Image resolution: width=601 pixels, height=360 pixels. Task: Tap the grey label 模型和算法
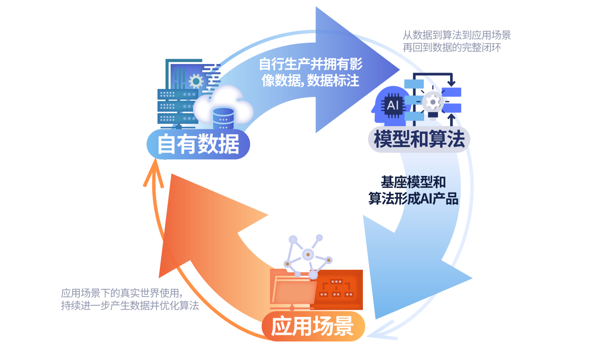click(x=419, y=139)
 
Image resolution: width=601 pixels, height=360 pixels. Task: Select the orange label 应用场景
click(x=313, y=326)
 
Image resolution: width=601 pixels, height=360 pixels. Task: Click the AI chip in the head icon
click(x=393, y=105)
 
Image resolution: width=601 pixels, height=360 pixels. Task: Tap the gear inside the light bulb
click(x=432, y=102)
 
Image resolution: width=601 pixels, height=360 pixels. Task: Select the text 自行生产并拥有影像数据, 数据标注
click(x=310, y=72)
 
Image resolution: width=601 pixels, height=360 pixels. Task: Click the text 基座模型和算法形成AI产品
click(x=413, y=190)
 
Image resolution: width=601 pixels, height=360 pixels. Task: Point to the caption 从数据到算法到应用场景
click(x=456, y=35)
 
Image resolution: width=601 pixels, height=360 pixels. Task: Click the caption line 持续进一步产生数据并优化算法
click(x=129, y=305)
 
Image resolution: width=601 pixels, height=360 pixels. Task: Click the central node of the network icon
click(x=308, y=254)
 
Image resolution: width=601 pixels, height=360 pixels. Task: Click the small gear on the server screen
click(x=196, y=81)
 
